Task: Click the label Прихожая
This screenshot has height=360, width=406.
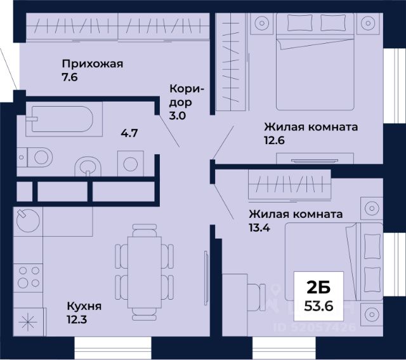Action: click(92, 63)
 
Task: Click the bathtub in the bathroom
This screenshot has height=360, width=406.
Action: click(59, 120)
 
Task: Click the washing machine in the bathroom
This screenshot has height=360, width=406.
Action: click(131, 164)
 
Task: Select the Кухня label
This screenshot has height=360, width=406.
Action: click(84, 307)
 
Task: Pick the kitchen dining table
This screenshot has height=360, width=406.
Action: click(143, 266)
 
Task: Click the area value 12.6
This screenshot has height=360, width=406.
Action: click(274, 140)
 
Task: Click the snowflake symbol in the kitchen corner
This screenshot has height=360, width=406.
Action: click(29, 323)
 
